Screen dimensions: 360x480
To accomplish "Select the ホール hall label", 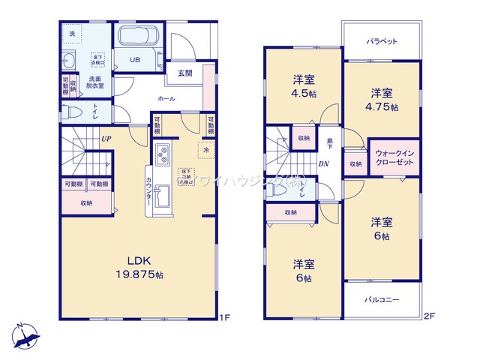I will [x=167, y=98].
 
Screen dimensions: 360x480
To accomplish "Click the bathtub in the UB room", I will [x=137, y=37].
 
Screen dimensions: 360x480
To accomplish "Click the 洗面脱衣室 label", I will [x=95, y=82].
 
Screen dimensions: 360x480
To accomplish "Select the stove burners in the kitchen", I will [x=163, y=157].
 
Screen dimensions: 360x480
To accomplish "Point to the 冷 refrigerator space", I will [x=205, y=149].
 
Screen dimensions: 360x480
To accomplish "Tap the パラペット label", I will [x=381, y=41].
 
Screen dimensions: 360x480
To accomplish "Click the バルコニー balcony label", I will [x=382, y=300].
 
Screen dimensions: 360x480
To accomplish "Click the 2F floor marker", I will [x=430, y=316].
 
